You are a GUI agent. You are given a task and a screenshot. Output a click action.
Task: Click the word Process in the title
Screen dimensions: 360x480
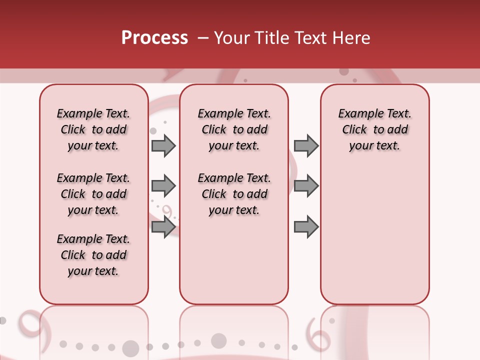(x=154, y=38)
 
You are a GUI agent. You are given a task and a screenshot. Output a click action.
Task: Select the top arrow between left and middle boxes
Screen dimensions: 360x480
(x=163, y=146)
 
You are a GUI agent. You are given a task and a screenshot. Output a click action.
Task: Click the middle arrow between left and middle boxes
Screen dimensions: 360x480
(x=163, y=186)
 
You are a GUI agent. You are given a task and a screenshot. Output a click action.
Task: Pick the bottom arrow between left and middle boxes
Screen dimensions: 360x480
(x=163, y=227)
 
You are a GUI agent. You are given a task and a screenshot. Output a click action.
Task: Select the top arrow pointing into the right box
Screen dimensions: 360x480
(x=306, y=146)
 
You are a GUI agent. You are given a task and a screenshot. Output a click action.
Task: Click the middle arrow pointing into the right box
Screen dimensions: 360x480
(x=306, y=186)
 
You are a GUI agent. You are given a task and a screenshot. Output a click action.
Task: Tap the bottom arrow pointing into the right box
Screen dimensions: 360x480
(x=306, y=227)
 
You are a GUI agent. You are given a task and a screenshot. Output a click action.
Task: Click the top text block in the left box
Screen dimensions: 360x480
(x=93, y=129)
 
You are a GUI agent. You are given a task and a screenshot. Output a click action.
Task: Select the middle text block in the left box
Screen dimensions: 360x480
(x=93, y=194)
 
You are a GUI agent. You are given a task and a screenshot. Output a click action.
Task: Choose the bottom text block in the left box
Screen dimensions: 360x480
(x=93, y=255)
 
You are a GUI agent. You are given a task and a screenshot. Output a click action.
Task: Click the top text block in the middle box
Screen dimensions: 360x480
(x=234, y=129)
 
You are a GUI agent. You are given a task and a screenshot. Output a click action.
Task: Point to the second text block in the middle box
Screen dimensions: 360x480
(x=234, y=194)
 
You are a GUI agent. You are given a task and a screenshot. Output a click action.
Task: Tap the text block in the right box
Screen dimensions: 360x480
(x=374, y=129)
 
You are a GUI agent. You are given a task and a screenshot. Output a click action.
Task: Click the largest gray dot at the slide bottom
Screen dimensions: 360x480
(x=130, y=347)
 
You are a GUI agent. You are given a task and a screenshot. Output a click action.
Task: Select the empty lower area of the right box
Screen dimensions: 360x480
(x=374, y=235)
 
